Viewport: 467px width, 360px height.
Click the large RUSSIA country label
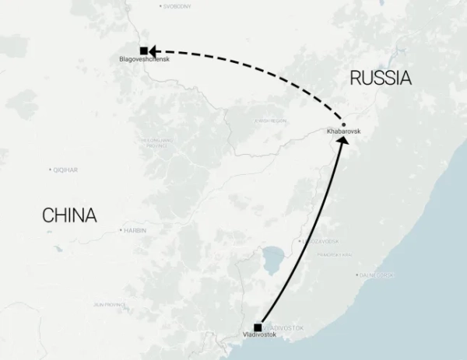point(380,78)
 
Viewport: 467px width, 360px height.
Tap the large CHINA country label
point(69,215)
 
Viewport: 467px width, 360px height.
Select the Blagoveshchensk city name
point(144,60)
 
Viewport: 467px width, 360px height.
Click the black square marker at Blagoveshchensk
point(143,51)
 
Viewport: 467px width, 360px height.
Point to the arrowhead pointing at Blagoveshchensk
point(155,51)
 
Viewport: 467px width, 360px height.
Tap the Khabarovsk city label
point(344,132)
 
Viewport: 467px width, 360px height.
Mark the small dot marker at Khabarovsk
point(344,124)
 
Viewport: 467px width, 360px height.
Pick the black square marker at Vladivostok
point(258,327)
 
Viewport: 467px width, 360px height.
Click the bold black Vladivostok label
point(259,335)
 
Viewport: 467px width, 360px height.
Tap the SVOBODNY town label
point(177,6)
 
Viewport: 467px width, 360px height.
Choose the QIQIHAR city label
point(64,170)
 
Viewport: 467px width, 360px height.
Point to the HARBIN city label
point(135,230)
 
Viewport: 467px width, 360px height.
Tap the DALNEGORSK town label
point(377,275)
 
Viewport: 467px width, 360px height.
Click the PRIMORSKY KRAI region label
point(334,254)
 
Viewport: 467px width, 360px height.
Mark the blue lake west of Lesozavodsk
point(274,260)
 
